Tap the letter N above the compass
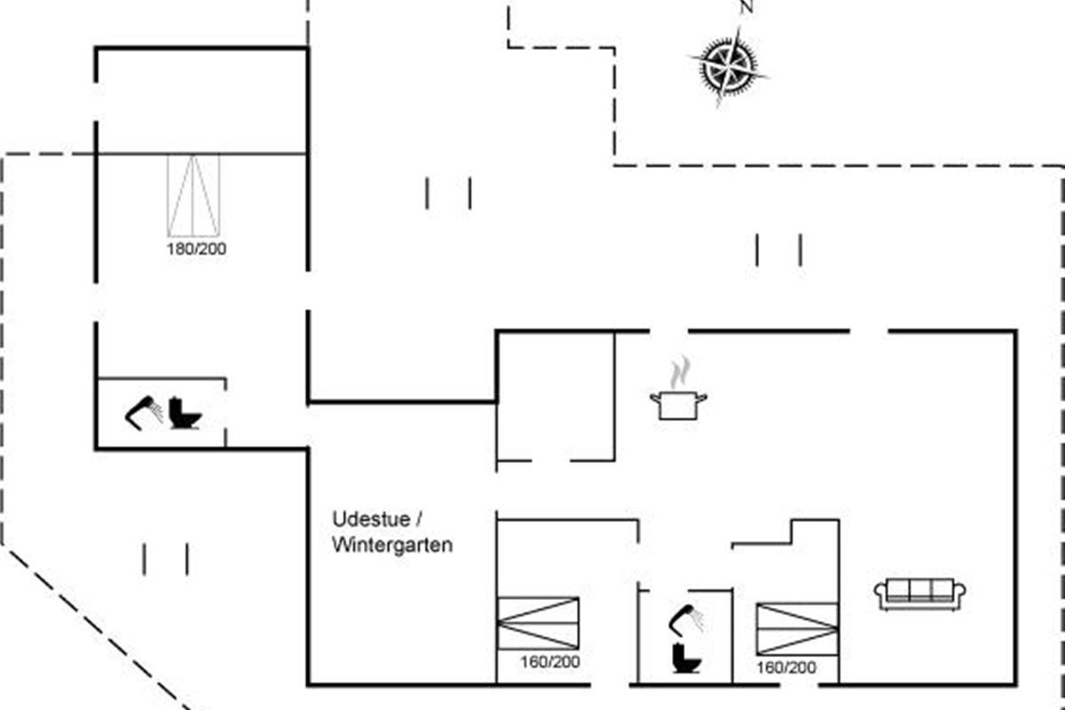tap(746, 7)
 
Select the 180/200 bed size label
tap(196, 249)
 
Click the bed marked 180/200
tap(193, 196)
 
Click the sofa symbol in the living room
tap(919, 593)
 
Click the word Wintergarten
tap(392, 545)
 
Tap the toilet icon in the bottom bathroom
tap(685, 658)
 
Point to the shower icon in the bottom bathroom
tap(686, 618)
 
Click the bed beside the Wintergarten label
tap(538, 622)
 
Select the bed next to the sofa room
tap(797, 629)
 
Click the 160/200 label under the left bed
tap(550, 662)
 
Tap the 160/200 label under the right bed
tap(786, 668)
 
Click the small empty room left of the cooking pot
tap(556, 395)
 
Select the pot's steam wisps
tap(680, 372)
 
